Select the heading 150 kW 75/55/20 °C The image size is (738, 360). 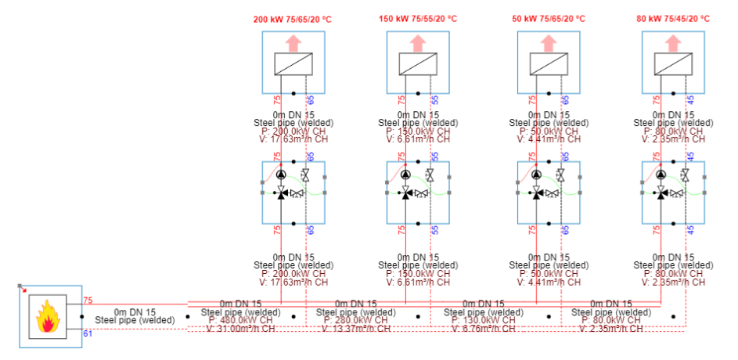click(x=418, y=19)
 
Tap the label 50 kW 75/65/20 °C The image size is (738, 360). click(x=548, y=19)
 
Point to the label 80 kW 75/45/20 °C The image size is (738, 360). click(x=675, y=19)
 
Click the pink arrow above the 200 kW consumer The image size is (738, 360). click(x=293, y=42)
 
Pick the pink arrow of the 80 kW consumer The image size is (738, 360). click(x=673, y=42)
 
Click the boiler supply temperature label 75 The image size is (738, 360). click(x=88, y=301)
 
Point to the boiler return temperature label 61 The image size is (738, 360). click(x=88, y=333)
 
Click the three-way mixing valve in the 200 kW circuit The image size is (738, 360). click(x=281, y=193)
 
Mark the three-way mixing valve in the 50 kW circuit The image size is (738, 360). click(x=536, y=193)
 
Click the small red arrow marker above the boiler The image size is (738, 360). click(x=23, y=289)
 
